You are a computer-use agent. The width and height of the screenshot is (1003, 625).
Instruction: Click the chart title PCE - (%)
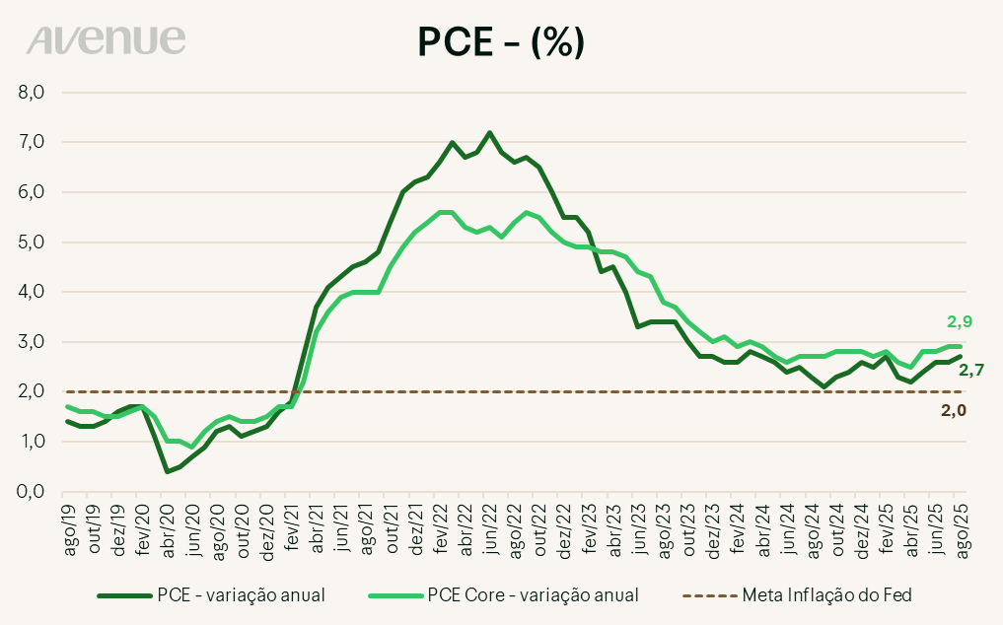tap(501, 40)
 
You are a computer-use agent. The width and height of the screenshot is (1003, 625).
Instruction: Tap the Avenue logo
tap(107, 39)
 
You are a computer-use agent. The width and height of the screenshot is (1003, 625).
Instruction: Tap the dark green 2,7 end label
tap(973, 371)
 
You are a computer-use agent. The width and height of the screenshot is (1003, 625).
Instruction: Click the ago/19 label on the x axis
tap(71, 527)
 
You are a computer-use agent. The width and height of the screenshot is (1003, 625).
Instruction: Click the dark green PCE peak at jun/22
tap(489, 132)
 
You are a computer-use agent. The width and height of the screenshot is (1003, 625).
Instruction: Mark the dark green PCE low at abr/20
tap(168, 471)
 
